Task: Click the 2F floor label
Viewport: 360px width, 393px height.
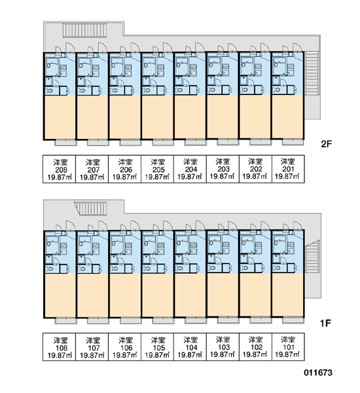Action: (326, 144)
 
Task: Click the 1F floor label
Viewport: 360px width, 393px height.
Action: (326, 324)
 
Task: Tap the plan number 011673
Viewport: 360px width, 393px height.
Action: (318, 373)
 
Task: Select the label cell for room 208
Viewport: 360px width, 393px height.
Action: (60, 169)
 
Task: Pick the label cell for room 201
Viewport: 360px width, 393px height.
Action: (288, 169)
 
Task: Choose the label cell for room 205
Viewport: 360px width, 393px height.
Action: (157, 169)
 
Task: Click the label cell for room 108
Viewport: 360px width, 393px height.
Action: (60, 347)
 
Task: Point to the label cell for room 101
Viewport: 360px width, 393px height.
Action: (288, 347)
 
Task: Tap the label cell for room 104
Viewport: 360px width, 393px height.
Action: (190, 347)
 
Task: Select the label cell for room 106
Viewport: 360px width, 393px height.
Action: (125, 347)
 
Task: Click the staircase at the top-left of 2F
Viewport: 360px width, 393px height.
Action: (84, 30)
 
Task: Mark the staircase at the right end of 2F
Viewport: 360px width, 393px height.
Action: (312, 73)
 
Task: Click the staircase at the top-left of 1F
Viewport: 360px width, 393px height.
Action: (91, 208)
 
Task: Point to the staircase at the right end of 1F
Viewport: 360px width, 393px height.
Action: (312, 257)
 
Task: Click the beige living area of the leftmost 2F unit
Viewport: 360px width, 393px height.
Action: (60, 117)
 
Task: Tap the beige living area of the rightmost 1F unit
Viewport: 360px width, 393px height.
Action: (287, 295)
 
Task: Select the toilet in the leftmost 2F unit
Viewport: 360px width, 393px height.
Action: (49, 91)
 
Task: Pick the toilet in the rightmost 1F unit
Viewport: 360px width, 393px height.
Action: (276, 269)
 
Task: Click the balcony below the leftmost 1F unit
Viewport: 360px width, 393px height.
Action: (65, 320)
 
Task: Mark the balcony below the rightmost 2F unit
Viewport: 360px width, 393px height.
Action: (293, 142)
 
